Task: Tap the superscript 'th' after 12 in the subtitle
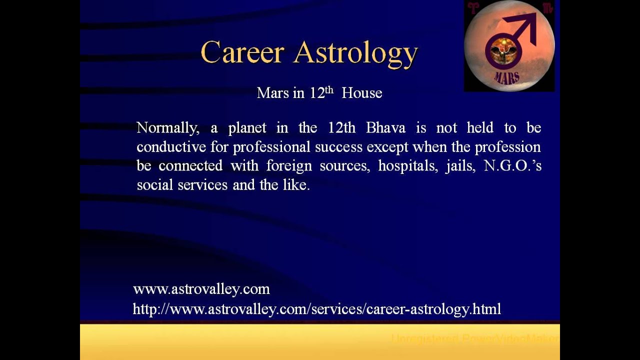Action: click(329, 90)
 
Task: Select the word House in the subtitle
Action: click(361, 93)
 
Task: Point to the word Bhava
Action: click(385, 127)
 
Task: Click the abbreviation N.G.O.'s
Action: click(512, 165)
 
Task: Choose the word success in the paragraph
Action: click(339, 147)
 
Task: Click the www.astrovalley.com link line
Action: click(201, 289)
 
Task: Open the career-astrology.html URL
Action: click(316, 309)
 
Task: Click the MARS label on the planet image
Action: click(506, 77)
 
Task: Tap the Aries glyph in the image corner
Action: click(472, 7)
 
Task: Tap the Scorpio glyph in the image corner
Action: click(547, 7)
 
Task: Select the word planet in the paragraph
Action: click(247, 128)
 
